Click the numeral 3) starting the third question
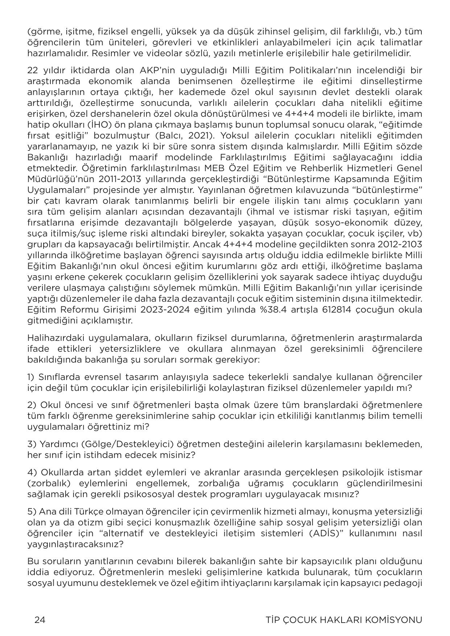pos(31,444)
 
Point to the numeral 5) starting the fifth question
pos(31,512)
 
